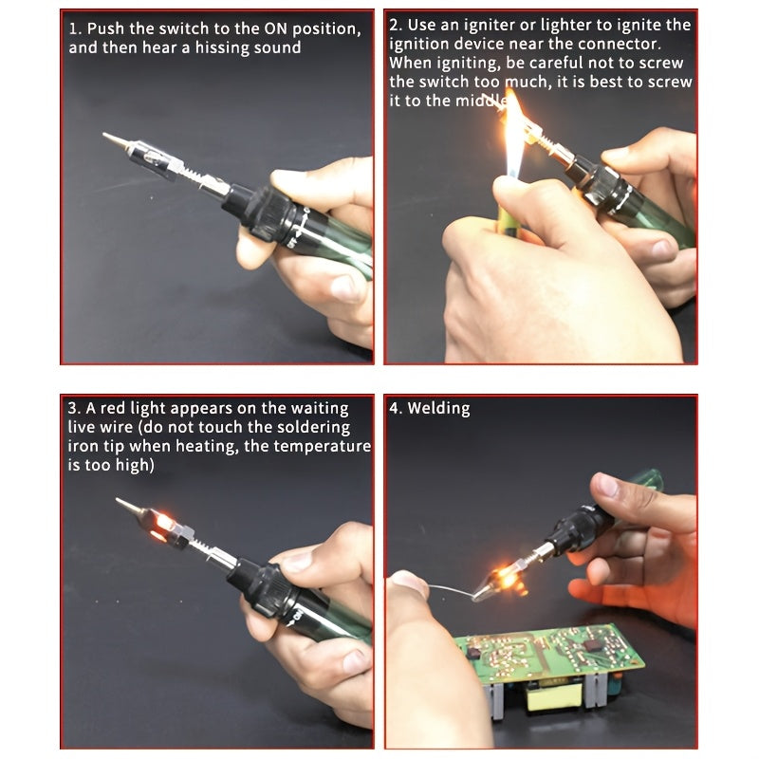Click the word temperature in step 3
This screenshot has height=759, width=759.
[x=320, y=447]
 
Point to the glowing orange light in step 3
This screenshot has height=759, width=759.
[x=162, y=524]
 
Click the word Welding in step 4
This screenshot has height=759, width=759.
[x=438, y=409]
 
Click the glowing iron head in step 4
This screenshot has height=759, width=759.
[x=504, y=576]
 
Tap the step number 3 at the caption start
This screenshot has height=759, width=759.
[x=71, y=409]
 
